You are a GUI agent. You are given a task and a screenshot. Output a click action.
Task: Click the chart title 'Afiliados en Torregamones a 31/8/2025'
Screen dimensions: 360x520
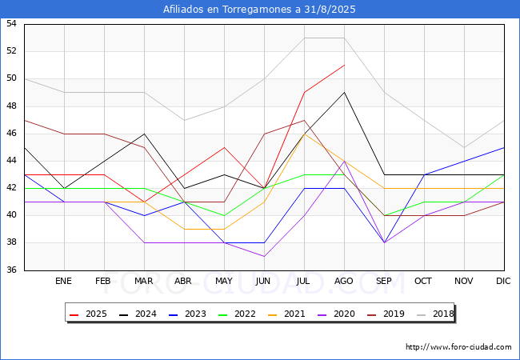pos(259,10)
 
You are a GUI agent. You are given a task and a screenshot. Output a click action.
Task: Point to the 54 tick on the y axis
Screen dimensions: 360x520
pos(12,24)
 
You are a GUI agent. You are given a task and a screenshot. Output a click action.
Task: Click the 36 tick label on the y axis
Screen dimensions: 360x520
pos(12,270)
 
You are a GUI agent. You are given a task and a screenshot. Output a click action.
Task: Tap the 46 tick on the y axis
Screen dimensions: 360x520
pos(12,134)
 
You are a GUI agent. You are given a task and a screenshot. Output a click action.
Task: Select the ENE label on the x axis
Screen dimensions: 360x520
pos(64,282)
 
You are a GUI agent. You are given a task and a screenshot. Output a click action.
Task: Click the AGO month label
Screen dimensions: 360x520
pos(344,282)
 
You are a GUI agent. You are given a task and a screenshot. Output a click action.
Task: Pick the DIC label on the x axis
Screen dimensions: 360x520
pos(504,282)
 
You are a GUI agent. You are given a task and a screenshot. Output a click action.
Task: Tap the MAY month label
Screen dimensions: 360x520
pos(224,282)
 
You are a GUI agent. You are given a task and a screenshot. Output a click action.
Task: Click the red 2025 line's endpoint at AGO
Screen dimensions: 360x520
pos(344,65)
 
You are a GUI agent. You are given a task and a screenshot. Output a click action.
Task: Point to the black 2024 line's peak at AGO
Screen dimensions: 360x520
pos(344,92)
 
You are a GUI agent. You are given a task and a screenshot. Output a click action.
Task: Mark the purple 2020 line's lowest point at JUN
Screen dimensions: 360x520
pos(264,256)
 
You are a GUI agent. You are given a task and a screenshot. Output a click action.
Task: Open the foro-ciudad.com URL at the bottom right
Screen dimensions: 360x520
pos(458,347)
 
